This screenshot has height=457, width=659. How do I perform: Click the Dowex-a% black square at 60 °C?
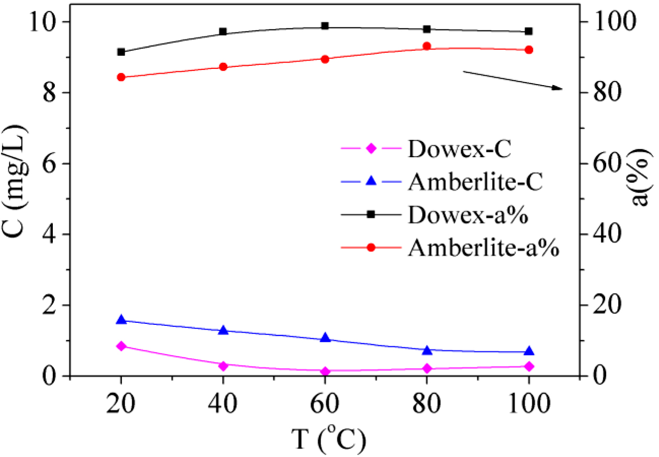tap(325, 26)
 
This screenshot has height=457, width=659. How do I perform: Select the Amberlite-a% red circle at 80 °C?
tap(427, 46)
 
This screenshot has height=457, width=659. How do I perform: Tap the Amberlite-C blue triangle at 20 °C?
tap(121, 320)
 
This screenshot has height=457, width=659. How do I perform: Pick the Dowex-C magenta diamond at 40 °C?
tap(223, 366)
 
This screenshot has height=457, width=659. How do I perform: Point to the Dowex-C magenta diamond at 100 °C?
tap(529, 366)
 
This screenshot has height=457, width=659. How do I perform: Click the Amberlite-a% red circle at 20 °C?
tap(121, 77)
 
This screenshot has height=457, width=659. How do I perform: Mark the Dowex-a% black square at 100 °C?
tap(529, 31)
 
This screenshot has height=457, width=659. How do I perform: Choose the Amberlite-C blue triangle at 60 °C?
tap(325, 338)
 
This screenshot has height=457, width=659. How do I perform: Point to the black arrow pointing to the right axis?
tap(513, 80)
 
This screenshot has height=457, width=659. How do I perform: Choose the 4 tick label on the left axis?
tap(52, 235)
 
